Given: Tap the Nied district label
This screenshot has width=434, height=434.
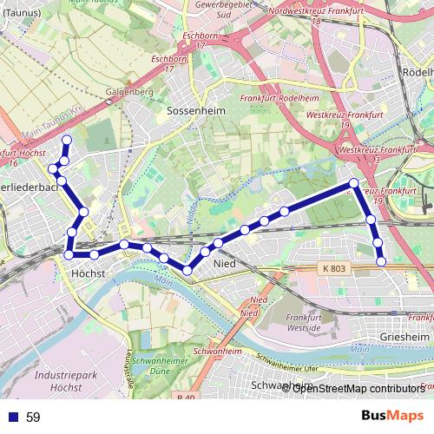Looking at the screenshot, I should (x=224, y=262).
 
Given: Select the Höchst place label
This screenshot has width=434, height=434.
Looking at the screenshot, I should (x=88, y=273).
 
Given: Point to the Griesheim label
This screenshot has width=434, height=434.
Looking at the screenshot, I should (x=405, y=336).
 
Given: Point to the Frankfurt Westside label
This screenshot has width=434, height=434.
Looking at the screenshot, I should (x=309, y=323).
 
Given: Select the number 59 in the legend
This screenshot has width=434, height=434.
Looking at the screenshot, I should (x=33, y=418).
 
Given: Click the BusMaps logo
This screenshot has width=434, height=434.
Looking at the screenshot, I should (x=392, y=416).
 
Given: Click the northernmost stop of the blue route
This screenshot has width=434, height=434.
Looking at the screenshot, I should (x=67, y=140).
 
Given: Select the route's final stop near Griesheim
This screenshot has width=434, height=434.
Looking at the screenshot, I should (x=381, y=261).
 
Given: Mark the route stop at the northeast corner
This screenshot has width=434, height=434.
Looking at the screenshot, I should (x=354, y=182).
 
